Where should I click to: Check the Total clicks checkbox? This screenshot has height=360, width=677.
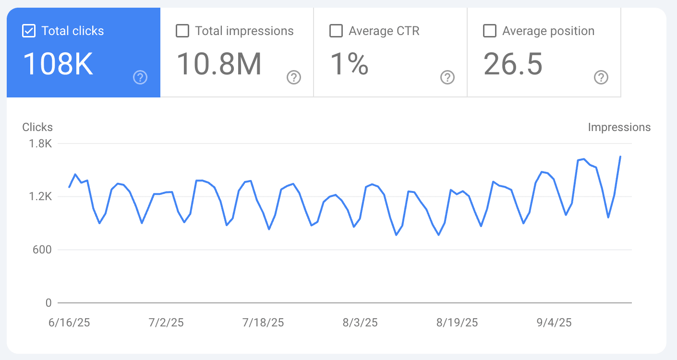pyautogui.click(x=29, y=31)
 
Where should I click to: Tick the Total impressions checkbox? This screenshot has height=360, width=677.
pyautogui.click(x=182, y=31)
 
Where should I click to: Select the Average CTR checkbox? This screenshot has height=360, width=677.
pyautogui.click(x=336, y=31)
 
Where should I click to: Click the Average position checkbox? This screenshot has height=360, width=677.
pyautogui.click(x=490, y=31)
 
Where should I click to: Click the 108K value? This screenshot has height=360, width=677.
pyautogui.click(x=58, y=64)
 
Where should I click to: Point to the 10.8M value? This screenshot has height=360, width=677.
pyautogui.click(x=219, y=64)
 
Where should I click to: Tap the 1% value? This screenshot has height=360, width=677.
pyautogui.click(x=349, y=64)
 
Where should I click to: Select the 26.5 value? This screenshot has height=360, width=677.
pyautogui.click(x=513, y=64)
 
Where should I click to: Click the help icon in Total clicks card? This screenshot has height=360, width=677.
pyautogui.click(x=140, y=77)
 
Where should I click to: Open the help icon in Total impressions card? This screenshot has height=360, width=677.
pyautogui.click(x=294, y=77)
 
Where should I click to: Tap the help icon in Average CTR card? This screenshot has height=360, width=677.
pyautogui.click(x=447, y=77)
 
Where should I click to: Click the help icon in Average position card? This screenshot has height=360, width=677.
pyautogui.click(x=601, y=77)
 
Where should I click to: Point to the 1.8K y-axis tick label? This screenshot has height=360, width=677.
pyautogui.click(x=41, y=144)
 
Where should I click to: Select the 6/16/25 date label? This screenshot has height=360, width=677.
pyautogui.click(x=69, y=322)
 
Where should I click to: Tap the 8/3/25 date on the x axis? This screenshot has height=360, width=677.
pyautogui.click(x=360, y=322)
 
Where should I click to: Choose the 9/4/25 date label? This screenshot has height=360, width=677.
pyautogui.click(x=554, y=322)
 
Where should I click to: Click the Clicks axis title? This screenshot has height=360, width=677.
pyautogui.click(x=37, y=127)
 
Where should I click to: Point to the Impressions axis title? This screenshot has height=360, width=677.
pyautogui.click(x=619, y=127)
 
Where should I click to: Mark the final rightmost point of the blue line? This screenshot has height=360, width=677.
pyautogui.click(x=620, y=156)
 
